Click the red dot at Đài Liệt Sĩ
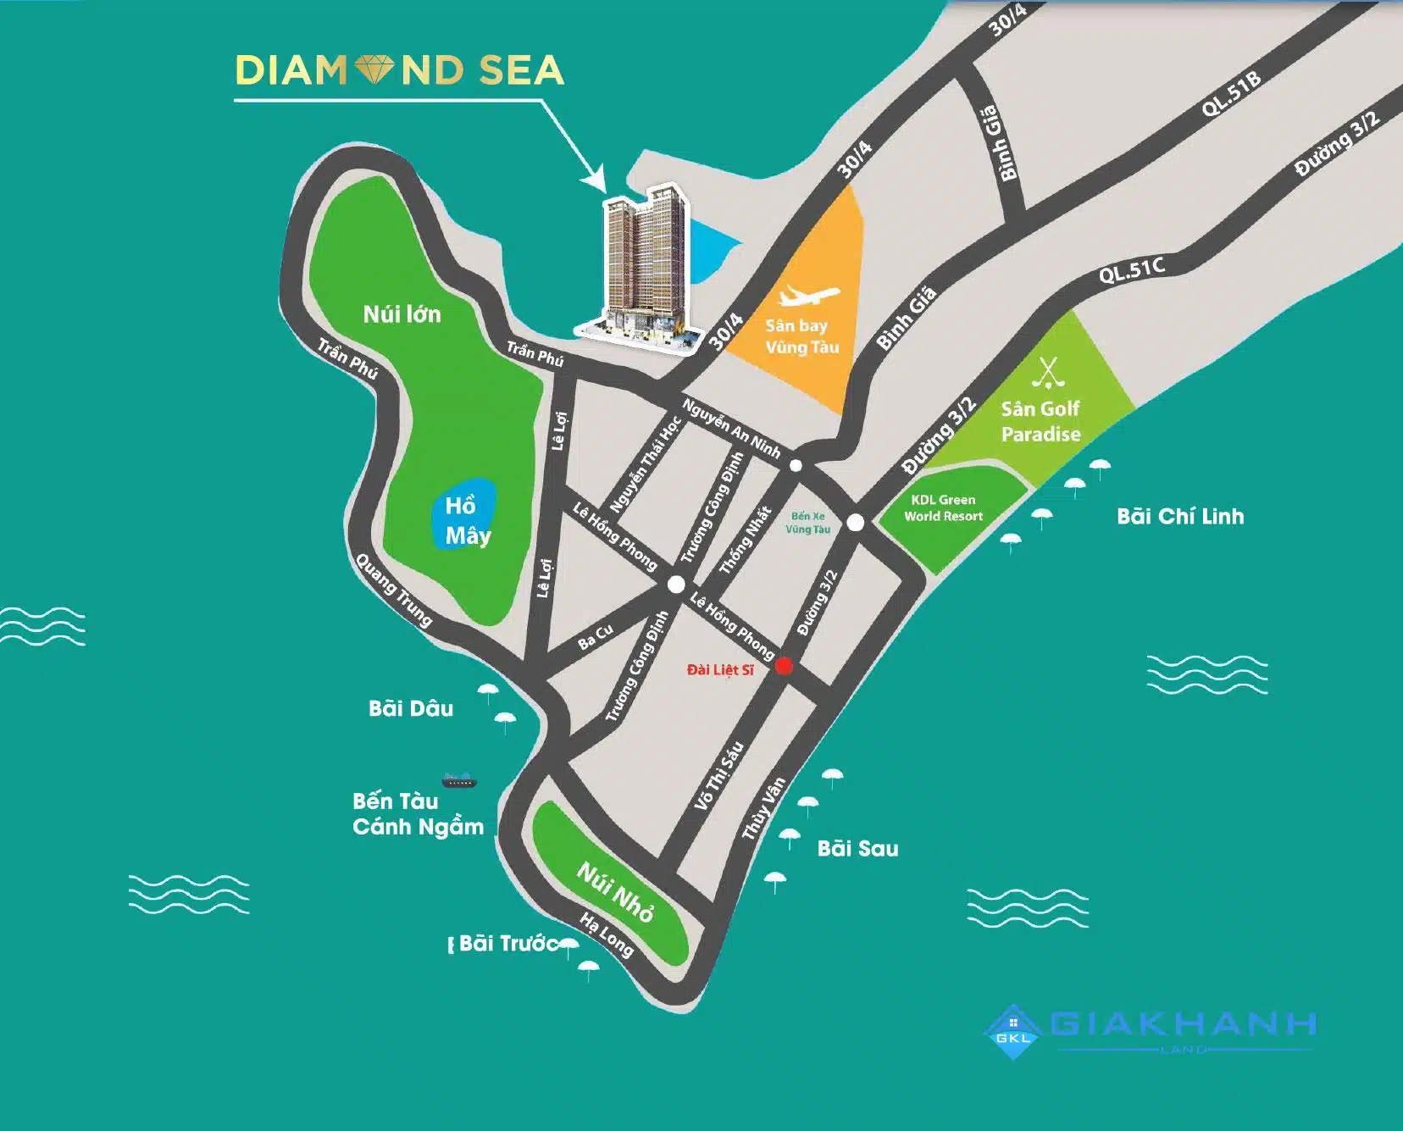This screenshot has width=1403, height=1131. (784, 666)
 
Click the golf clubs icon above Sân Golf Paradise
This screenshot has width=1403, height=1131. (1048, 372)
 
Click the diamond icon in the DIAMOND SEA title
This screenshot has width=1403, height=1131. (374, 70)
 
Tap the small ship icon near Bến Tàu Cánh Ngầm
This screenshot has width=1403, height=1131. (458, 780)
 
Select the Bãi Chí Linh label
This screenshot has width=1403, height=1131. (1179, 517)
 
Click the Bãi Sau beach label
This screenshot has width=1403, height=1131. (857, 849)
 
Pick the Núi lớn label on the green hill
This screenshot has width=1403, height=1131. (402, 314)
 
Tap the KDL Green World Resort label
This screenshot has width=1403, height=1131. (943, 508)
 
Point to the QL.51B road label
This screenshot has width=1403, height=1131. (1231, 93)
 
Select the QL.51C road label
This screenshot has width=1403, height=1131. (1131, 271)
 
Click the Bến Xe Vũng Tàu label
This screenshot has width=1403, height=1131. (807, 523)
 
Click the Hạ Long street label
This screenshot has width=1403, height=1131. (607, 934)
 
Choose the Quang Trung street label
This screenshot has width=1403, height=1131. (394, 590)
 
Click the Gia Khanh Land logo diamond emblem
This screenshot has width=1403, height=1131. (1013, 1032)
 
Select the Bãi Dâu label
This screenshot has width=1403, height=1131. (411, 708)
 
